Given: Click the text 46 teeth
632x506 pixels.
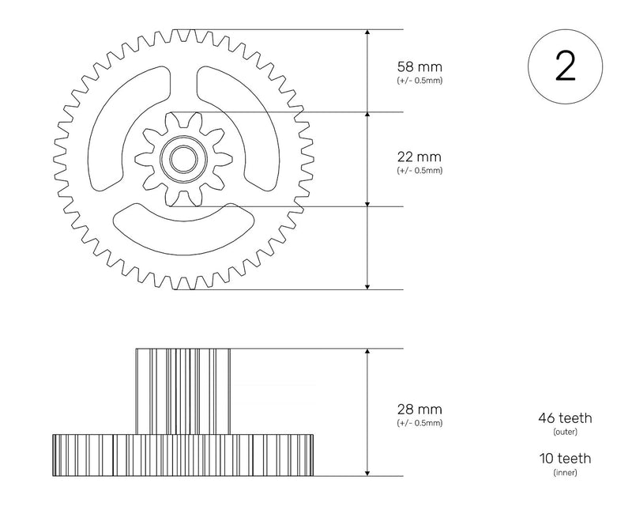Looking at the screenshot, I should pyautogui.click(x=565, y=418).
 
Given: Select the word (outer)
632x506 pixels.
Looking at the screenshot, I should pyautogui.click(x=565, y=432).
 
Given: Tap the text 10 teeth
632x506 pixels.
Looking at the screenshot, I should pyautogui.click(x=565, y=459).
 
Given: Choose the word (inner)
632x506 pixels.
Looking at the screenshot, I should pyautogui.click(x=565, y=473).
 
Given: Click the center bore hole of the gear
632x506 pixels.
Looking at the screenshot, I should pyautogui.click(x=183, y=160).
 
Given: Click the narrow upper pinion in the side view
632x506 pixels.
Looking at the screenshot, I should pyautogui.click(x=183, y=391).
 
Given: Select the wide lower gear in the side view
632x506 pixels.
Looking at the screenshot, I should pyautogui.click(x=183, y=455).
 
